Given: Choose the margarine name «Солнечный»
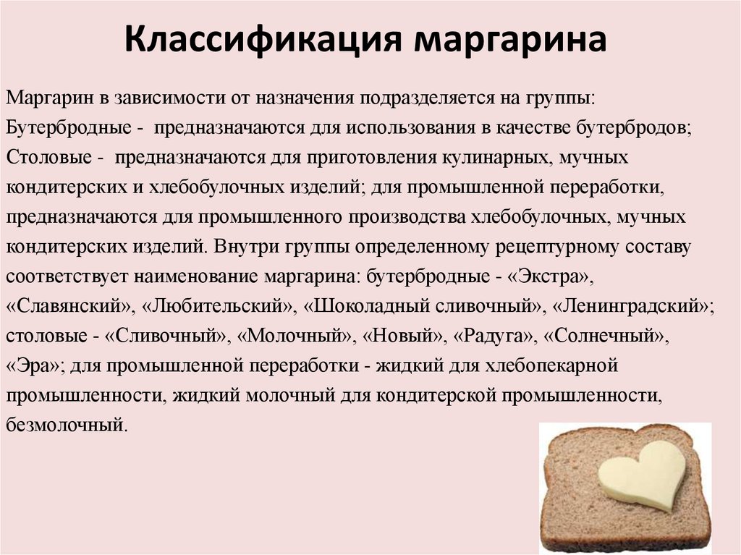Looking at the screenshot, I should point(605,336).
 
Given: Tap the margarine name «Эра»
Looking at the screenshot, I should point(35,366).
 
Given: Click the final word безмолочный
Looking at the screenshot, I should point(67,425).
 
